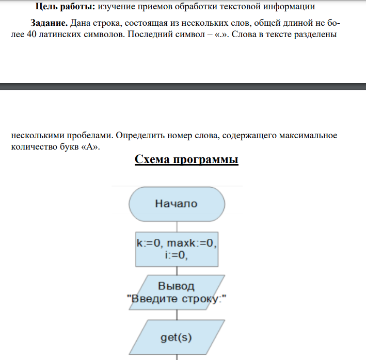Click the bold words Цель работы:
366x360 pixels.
click(63, 7)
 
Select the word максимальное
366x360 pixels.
click(308, 136)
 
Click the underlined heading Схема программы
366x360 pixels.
click(186, 159)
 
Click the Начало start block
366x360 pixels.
click(177, 203)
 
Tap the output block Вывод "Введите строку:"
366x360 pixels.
click(177, 292)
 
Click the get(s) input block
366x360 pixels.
click(177, 338)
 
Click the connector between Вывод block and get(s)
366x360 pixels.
click(177, 315)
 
